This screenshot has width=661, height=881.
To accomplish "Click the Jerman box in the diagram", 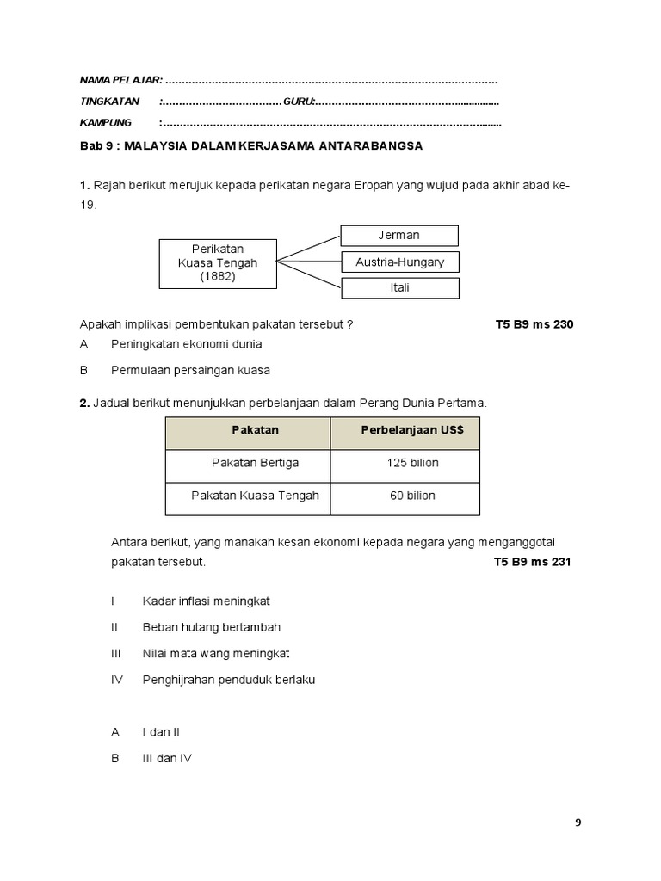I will click(399, 235).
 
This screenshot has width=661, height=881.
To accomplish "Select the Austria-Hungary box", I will click(399, 262).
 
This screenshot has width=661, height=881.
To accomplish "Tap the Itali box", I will click(399, 287).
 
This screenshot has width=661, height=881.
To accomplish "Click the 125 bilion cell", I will click(412, 463).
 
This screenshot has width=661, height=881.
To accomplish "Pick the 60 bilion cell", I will click(412, 496).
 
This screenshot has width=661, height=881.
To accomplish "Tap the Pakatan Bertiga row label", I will click(255, 463).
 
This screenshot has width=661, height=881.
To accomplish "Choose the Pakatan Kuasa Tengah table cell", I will click(255, 496).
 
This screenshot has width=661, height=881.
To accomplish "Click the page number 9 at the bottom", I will click(578, 822).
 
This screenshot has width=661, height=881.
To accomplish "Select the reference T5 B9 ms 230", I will click(534, 324).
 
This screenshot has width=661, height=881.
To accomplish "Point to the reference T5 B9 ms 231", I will click(533, 562).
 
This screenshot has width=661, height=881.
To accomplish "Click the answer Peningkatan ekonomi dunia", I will click(186, 344).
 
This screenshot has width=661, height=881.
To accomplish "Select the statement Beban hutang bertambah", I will click(212, 627).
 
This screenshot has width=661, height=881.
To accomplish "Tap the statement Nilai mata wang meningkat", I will click(216, 654).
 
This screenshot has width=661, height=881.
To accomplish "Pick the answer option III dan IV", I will click(167, 758).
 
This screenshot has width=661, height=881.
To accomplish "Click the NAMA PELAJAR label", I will click(120, 80).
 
